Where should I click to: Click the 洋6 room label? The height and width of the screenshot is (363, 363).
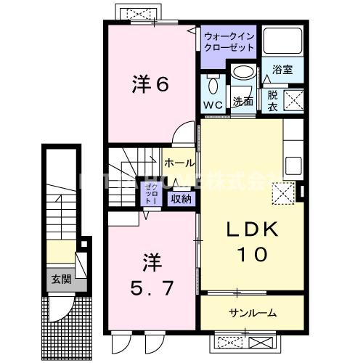150,86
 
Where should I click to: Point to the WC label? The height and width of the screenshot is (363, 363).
213,105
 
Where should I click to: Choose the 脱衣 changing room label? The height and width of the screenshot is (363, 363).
272,99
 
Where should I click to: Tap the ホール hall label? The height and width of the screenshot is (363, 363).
179,163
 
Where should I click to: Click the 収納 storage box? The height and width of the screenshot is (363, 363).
181,198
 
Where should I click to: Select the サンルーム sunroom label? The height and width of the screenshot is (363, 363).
247,314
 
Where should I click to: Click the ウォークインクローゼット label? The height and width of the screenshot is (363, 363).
229,41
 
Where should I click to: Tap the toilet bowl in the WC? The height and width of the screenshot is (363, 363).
212,86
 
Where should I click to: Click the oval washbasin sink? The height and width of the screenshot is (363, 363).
243,73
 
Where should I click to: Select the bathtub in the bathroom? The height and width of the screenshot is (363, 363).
282,43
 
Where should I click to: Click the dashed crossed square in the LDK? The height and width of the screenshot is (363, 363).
282,192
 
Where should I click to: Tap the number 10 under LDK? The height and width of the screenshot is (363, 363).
249,255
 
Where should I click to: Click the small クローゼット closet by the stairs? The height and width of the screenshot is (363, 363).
154,194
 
